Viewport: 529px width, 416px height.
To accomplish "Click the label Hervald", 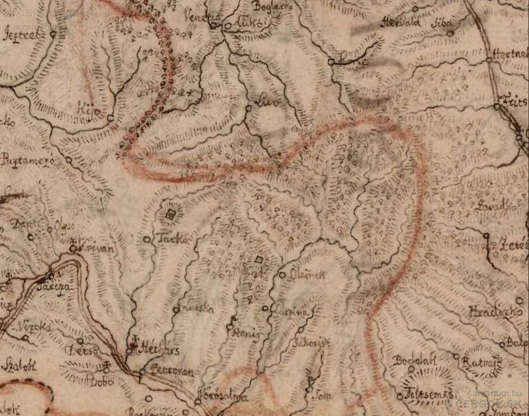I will tap(397, 22).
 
